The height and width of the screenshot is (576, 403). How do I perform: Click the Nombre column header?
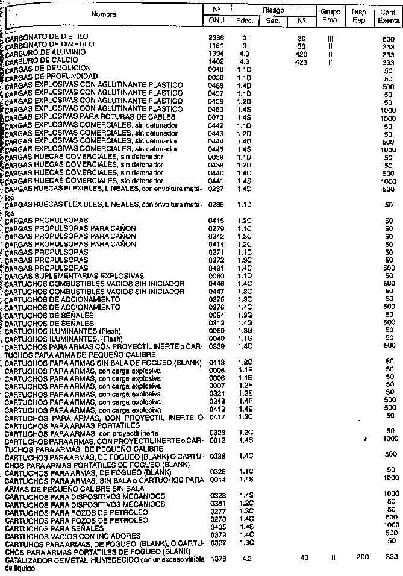104,13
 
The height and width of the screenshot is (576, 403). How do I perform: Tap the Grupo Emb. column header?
331,15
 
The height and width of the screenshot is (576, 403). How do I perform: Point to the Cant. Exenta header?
388,15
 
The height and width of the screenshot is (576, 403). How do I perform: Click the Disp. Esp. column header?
360,15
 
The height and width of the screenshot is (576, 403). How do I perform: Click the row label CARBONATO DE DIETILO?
49,37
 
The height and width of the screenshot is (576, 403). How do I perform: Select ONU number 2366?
216,37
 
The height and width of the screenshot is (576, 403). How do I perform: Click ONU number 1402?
216,61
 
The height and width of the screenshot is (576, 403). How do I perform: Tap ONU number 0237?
216,189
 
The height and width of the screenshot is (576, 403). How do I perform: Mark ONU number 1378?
217,559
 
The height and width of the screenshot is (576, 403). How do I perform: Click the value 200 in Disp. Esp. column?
361,558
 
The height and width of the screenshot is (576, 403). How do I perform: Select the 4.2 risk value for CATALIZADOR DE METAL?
246,559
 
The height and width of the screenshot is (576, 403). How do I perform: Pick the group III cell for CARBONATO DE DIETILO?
331,37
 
